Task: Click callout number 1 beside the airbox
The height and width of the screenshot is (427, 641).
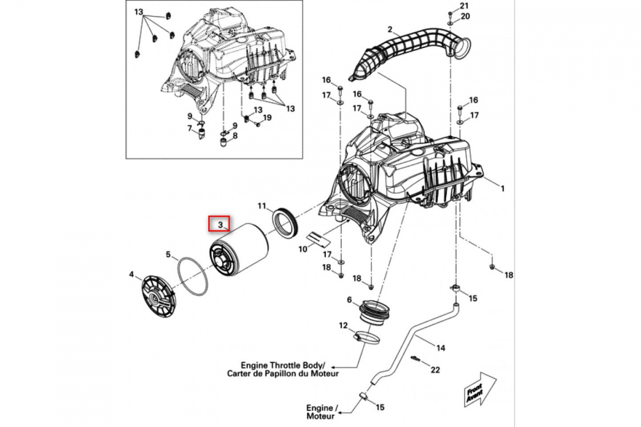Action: click(x=502, y=188)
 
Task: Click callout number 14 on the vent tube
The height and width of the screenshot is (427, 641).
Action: click(x=440, y=349)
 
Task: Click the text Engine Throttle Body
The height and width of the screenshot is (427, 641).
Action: click(x=279, y=365)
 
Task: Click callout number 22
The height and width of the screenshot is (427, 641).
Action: click(x=435, y=369)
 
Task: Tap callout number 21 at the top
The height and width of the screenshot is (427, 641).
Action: click(x=465, y=6)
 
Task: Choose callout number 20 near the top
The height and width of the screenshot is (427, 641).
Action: click(x=465, y=17)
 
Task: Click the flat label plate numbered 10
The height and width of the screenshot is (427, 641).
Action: click(x=317, y=239)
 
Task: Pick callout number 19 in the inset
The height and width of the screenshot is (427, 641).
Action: click(x=268, y=117)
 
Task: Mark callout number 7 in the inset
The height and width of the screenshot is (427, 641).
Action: click(x=189, y=128)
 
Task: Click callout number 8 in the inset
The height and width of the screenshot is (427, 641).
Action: click(x=235, y=136)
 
